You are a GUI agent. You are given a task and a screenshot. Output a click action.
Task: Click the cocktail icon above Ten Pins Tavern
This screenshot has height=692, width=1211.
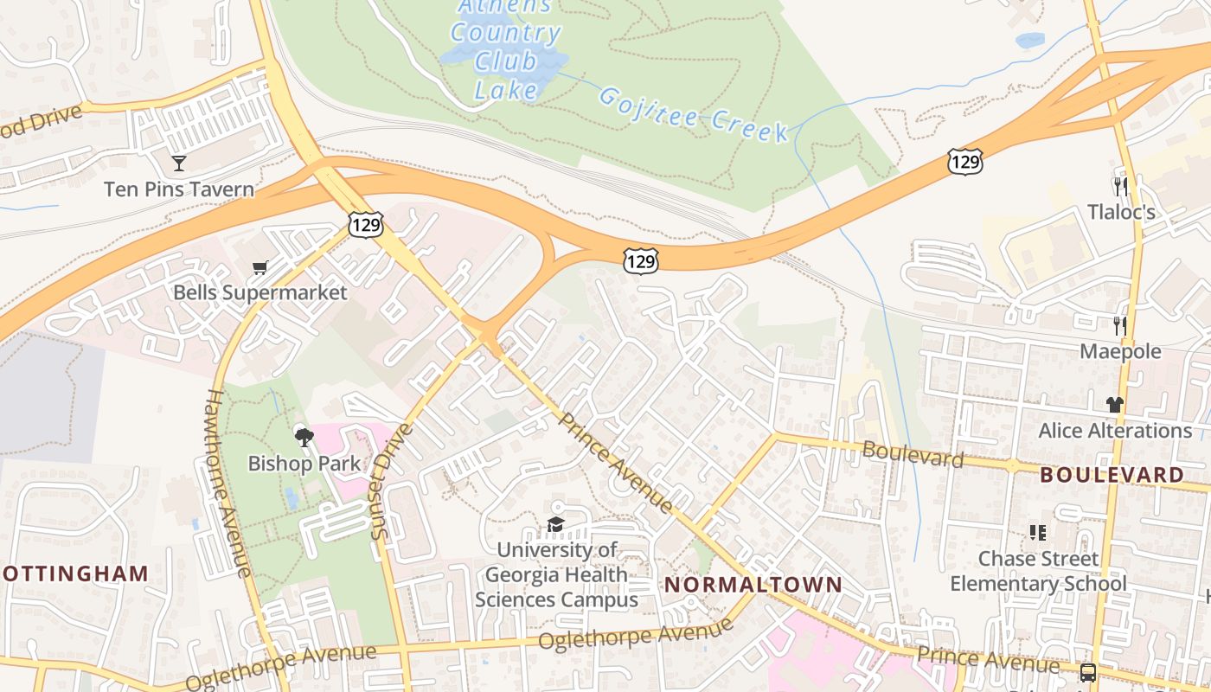click(179, 163)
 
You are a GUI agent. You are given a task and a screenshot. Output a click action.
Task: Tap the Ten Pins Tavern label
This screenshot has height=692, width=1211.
click(179, 189)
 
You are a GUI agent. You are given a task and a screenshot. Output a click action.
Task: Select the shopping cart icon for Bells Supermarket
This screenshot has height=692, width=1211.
click(259, 267)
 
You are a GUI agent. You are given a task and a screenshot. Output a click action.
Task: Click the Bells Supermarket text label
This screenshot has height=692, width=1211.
click(260, 292)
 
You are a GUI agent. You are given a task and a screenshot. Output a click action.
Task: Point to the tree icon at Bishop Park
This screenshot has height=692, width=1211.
click(304, 437)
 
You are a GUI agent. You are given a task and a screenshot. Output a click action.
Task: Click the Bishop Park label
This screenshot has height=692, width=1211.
click(304, 464)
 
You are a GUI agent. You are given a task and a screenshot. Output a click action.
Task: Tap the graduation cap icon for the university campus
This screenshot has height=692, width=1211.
click(555, 524)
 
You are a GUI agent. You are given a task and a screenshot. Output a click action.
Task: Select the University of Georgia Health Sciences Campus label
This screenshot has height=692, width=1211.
click(557, 574)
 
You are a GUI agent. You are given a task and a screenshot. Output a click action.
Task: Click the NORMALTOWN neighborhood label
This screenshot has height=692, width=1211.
click(753, 585)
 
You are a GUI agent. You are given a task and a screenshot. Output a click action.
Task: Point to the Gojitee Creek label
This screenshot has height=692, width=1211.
click(693, 113)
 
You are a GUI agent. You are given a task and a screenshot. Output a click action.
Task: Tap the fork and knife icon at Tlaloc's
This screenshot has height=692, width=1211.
click(1121, 187)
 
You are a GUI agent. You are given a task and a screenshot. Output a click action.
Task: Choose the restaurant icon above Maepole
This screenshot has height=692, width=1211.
click(1121, 326)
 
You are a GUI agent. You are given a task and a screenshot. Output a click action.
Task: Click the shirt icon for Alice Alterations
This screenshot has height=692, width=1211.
click(1115, 404)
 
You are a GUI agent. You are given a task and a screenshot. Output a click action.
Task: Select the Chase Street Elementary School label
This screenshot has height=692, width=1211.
click(1038, 571)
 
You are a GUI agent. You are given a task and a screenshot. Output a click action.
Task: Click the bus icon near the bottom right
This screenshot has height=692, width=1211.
click(1088, 672)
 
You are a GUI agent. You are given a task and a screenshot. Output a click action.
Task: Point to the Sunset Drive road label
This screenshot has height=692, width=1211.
click(392, 481)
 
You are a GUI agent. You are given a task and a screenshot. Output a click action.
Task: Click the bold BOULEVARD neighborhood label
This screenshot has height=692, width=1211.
click(1112, 475)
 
